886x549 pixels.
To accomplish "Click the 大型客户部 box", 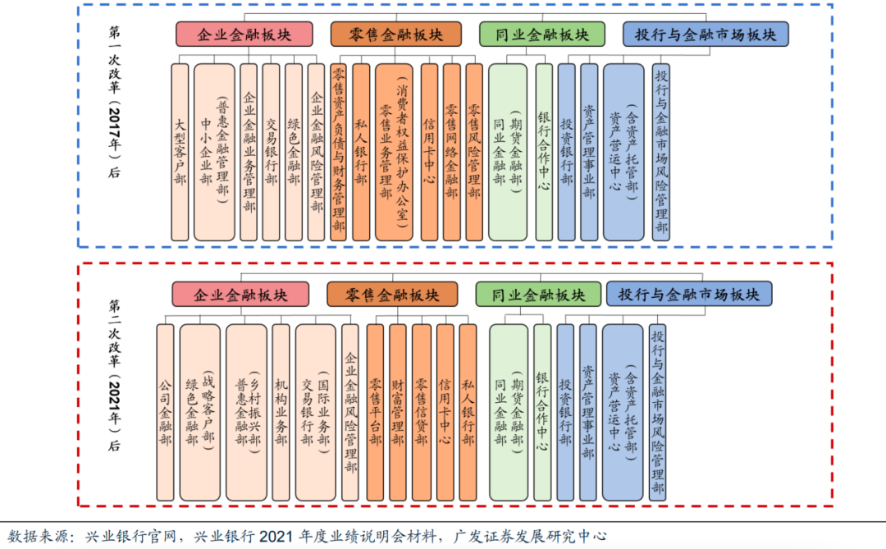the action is [x=180, y=152].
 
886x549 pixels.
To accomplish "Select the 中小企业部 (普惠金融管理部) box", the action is [x=214, y=152].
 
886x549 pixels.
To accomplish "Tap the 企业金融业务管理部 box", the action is [x=249, y=152].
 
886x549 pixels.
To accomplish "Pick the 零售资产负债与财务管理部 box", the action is [x=339, y=152].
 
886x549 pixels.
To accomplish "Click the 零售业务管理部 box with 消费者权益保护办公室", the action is [x=395, y=152].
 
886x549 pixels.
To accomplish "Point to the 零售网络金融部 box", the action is [x=451, y=152].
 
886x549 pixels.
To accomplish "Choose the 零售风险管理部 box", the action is [x=474, y=152].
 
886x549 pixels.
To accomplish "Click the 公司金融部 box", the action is [x=165, y=412].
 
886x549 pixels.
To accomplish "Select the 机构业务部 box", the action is [x=281, y=412].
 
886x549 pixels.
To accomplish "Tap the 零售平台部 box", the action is [x=375, y=412].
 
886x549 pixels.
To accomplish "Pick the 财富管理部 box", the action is [x=398, y=412].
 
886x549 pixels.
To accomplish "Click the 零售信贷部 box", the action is [x=422, y=412].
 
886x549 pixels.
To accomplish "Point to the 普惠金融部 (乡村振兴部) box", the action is [x=246, y=412].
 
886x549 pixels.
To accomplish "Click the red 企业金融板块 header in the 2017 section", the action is [x=244, y=34].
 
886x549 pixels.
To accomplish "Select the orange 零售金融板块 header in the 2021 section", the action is [x=392, y=295].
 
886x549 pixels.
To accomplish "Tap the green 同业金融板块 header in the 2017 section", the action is [x=542, y=34].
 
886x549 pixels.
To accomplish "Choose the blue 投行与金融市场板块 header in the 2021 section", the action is [x=689, y=295].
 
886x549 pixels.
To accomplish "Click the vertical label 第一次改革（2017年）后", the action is [x=115, y=102].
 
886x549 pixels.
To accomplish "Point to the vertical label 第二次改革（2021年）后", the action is [x=115, y=375].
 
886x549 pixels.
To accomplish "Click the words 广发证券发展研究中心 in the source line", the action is [x=529, y=536].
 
